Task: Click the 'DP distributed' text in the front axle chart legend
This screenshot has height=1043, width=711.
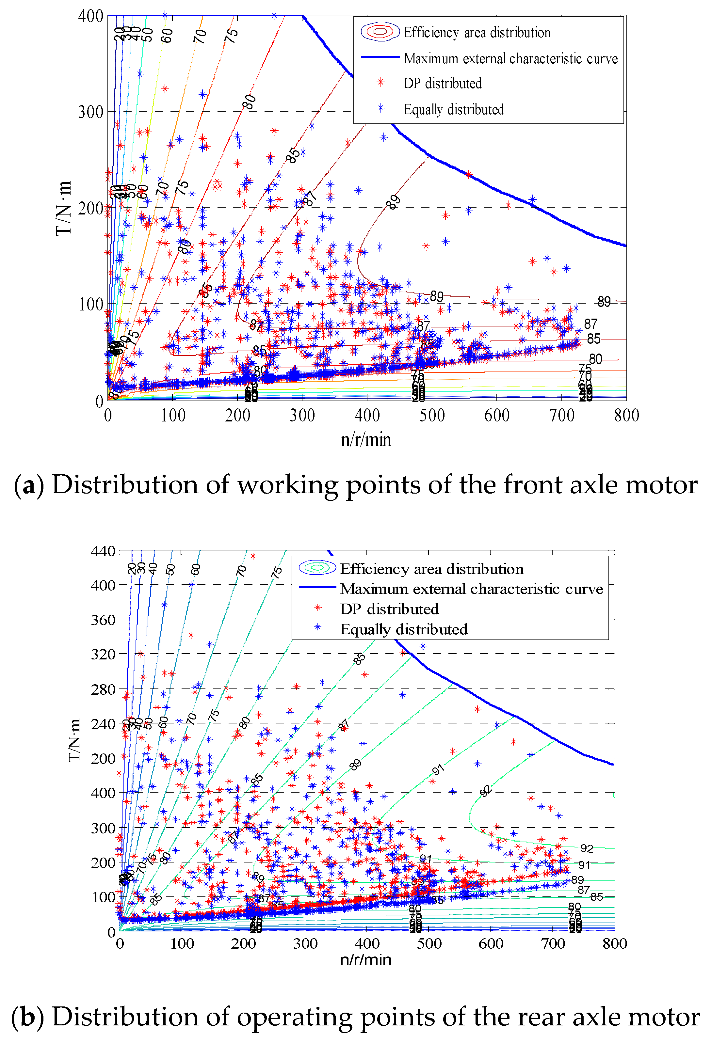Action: [442, 84]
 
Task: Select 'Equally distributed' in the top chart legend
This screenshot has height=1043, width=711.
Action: [453, 109]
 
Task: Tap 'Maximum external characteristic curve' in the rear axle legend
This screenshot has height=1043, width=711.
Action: [471, 589]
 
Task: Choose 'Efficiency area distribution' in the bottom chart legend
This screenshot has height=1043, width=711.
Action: [431, 569]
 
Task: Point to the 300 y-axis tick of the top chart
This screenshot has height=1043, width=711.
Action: [91, 112]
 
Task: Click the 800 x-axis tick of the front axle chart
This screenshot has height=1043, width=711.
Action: [626, 416]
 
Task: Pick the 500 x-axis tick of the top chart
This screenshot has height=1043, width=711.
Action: [432, 416]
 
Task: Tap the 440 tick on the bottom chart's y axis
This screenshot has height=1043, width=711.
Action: [103, 551]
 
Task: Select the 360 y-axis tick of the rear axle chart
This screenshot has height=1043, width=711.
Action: [103, 620]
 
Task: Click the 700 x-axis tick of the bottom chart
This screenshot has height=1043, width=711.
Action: [553, 943]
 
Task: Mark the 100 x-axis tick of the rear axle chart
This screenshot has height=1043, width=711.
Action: [182, 943]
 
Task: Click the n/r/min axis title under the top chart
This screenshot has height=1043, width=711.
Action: [366, 440]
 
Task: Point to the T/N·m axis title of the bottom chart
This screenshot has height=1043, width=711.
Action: [74, 740]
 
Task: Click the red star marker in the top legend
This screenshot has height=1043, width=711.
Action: [380, 82]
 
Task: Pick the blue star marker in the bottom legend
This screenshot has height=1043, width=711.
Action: [318, 627]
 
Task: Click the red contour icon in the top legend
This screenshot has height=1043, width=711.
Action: [380, 32]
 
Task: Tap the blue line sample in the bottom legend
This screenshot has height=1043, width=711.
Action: [317, 588]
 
